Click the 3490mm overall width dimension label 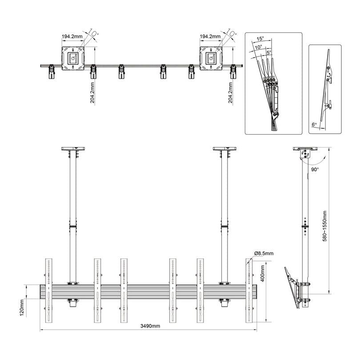point(150,326)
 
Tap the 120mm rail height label point(22,308)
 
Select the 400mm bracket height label point(263,273)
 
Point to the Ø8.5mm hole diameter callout point(264,253)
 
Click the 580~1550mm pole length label point(324,226)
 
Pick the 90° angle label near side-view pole point(315,169)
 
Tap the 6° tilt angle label point(314,124)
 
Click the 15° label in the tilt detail point(260,39)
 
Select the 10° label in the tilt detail point(258,47)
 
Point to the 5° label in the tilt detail point(268,52)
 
